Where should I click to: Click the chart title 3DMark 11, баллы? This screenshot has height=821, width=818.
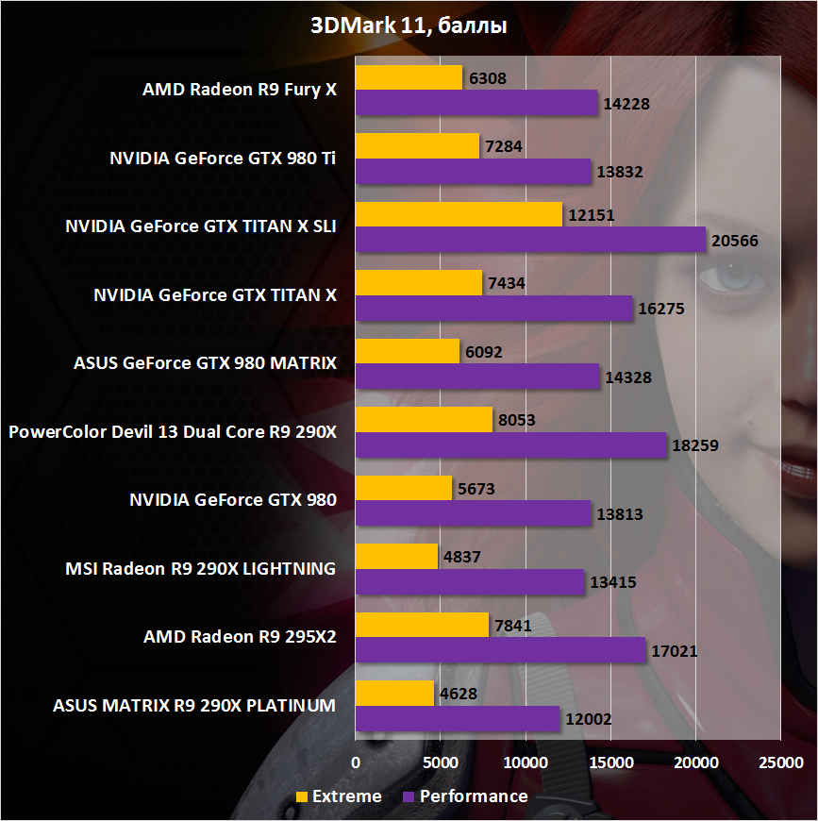pos(409,27)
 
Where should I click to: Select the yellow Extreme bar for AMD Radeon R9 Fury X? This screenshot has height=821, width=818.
pos(409,77)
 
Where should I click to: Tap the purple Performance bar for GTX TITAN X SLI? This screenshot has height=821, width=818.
pos(530,240)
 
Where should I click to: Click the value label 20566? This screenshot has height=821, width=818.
pos(735,241)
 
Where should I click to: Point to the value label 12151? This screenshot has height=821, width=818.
pos(592,215)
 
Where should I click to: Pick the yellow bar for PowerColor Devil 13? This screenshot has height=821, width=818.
pos(424,420)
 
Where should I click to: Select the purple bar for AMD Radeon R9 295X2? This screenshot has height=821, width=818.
pos(500,649)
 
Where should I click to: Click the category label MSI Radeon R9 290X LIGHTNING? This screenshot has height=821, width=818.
pos(200,568)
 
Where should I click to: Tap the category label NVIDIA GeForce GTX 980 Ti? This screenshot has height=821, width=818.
pos(222,159)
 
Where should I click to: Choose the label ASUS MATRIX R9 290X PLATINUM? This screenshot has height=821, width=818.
pos(194,705)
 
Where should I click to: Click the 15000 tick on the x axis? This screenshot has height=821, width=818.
pos(610,762)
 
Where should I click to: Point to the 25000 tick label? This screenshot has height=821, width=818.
pos(780,762)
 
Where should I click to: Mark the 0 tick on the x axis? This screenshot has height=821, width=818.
pos(356,762)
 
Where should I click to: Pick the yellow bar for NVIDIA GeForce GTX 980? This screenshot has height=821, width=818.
pos(403,488)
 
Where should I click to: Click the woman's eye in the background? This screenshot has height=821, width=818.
pos(728,279)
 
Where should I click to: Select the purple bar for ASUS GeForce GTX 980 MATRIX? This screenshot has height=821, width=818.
pos(477,377)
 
